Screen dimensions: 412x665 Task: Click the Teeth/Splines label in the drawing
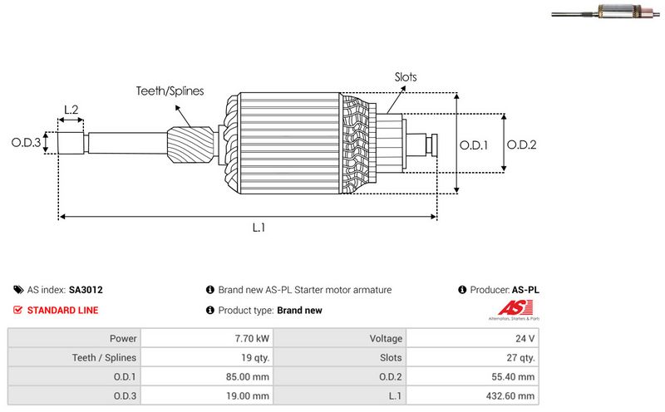click(x=170, y=91)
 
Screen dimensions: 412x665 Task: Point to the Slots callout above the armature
click(x=406, y=77)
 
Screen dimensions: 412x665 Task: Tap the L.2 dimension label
click(x=71, y=109)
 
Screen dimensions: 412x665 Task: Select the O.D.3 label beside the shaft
click(x=26, y=143)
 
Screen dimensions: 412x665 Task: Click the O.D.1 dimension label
click(x=474, y=145)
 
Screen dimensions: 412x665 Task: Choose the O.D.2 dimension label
click(x=521, y=145)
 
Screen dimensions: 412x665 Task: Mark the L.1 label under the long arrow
click(x=259, y=228)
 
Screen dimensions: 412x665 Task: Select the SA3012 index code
click(x=86, y=290)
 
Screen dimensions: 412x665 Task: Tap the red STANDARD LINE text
click(x=62, y=311)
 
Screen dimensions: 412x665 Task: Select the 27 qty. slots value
click(x=520, y=358)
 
